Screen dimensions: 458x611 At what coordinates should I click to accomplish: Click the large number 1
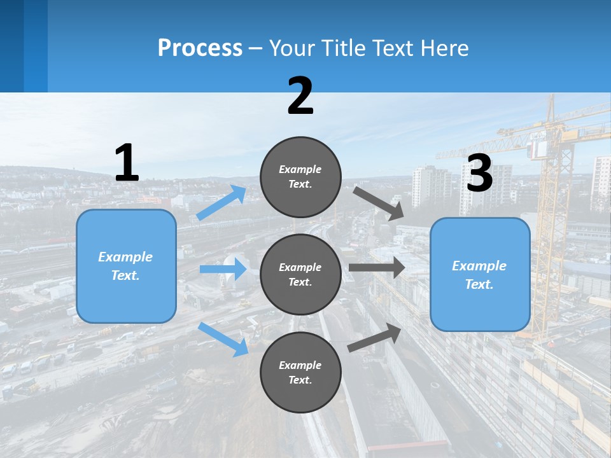point(126,163)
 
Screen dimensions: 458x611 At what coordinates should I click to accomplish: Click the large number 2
point(300,96)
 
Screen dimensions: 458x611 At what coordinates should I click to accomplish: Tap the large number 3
point(479,173)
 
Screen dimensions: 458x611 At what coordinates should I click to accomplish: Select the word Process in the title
point(200,48)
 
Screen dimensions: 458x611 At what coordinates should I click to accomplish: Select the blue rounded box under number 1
point(126,266)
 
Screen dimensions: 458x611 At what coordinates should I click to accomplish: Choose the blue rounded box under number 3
point(479,274)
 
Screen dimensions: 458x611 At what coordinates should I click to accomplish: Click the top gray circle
point(300,176)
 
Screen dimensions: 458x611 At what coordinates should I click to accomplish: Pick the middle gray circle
point(300,274)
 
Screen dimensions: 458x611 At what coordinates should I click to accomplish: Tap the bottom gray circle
point(300,372)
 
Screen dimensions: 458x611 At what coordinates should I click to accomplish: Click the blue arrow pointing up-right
point(221,203)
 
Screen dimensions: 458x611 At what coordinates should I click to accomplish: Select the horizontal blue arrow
point(223,269)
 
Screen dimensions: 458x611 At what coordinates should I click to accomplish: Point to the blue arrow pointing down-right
point(223,338)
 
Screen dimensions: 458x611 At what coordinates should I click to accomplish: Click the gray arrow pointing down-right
point(378,203)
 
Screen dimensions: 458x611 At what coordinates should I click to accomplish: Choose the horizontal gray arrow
point(376,268)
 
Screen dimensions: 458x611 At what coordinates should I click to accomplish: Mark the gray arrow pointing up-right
point(375,338)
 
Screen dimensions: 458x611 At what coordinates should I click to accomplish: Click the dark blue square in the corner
point(24,46)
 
